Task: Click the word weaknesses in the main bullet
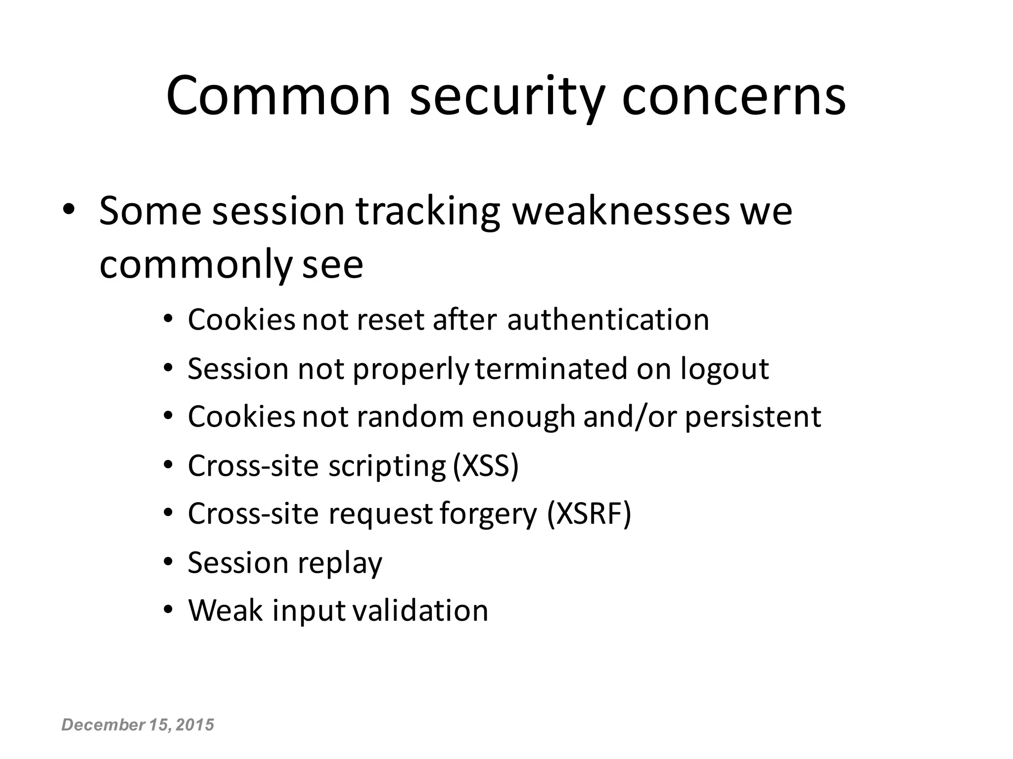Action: tap(621, 211)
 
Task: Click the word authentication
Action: tap(608, 320)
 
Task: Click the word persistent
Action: tap(753, 417)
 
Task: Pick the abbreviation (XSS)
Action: tap(486, 465)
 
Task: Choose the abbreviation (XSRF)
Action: tap(589, 514)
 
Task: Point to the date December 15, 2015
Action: tap(138, 725)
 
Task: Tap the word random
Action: tap(410, 417)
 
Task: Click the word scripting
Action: tap(387, 466)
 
